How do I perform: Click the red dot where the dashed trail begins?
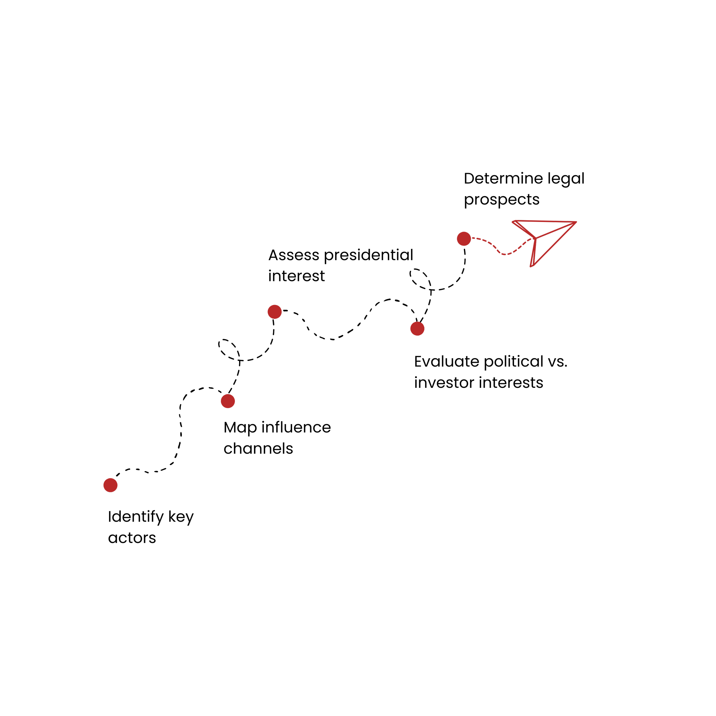click(464, 239)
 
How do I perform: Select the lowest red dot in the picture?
click(111, 485)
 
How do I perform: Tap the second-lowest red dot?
click(228, 401)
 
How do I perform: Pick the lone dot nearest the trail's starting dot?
click(417, 328)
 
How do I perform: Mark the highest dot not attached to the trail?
click(275, 312)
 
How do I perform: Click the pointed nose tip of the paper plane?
click(576, 222)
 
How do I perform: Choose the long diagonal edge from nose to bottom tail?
click(556, 243)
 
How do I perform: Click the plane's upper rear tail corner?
click(513, 222)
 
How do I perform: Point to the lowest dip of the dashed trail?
click(505, 255)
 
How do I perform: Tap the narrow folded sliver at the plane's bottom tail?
click(532, 259)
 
